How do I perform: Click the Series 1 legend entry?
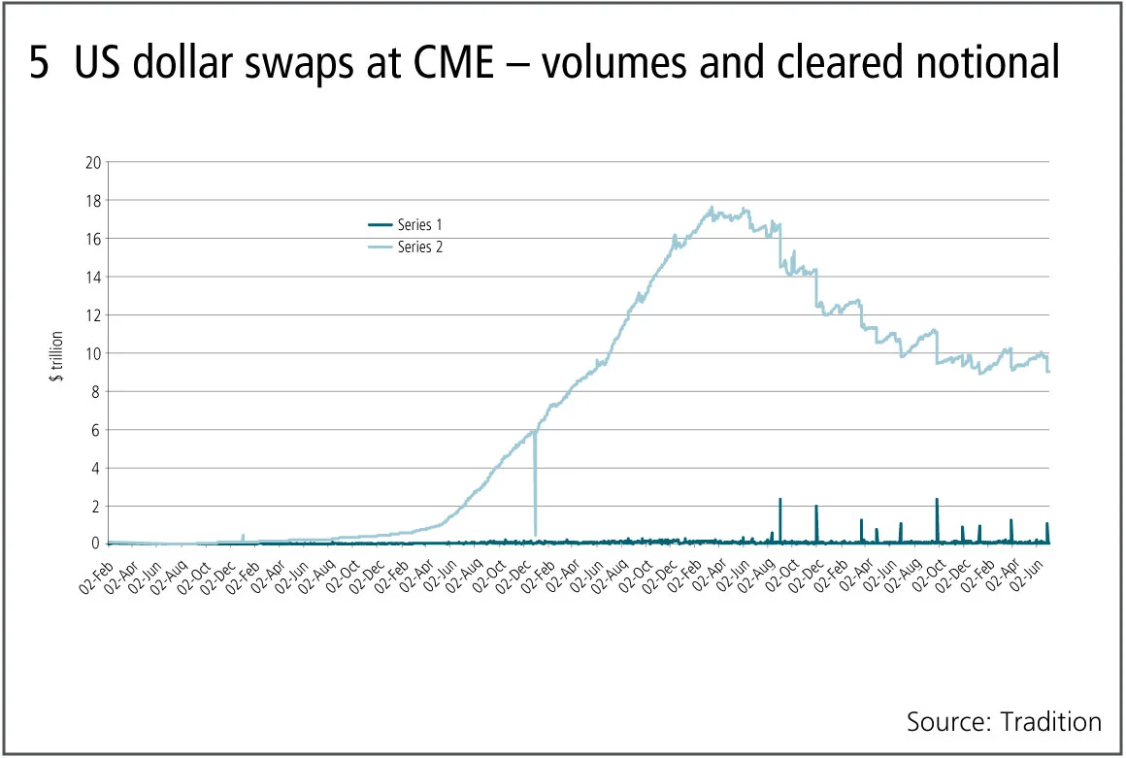[x=408, y=225]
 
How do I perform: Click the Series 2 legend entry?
[x=408, y=247]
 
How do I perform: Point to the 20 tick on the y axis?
[x=94, y=162]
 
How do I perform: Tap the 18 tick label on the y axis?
[x=94, y=200]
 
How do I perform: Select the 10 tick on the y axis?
[x=94, y=353]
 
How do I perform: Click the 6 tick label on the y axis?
[x=97, y=430]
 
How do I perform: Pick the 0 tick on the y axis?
[x=97, y=544]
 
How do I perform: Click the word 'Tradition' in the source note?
[x=1053, y=722]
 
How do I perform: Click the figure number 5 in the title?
[x=39, y=63]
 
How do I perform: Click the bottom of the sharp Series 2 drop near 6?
[x=535, y=534]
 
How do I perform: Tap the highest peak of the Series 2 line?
[x=712, y=207]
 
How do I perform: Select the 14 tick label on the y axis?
[x=94, y=277]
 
